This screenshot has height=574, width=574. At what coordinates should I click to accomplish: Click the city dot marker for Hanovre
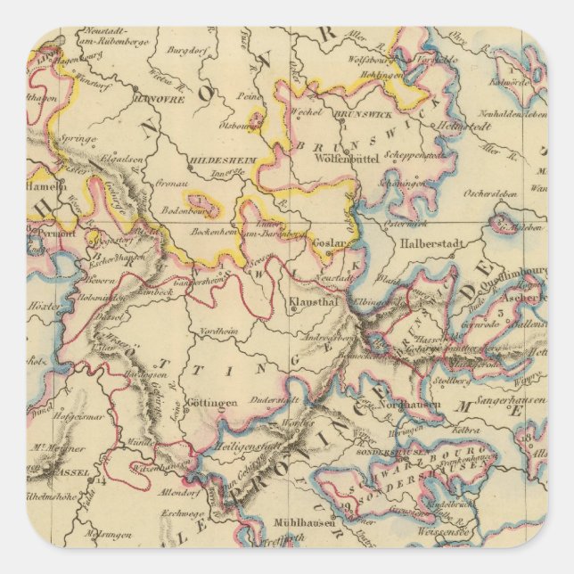[x=135, y=87]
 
